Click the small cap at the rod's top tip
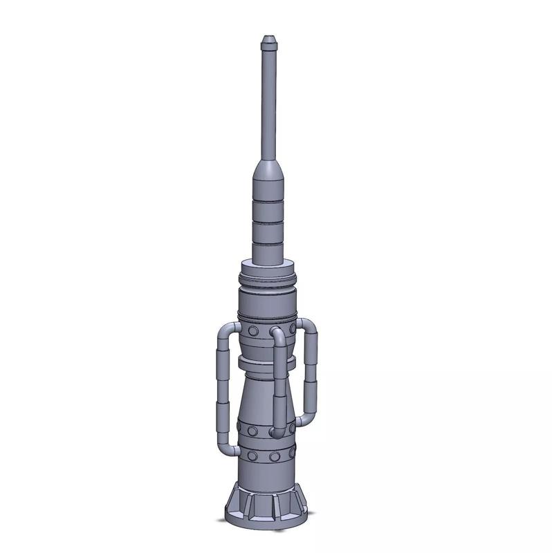tap(268, 41)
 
